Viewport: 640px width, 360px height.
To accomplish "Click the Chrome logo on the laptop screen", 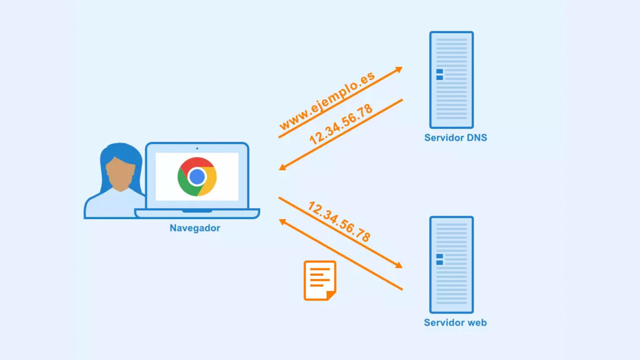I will pos(197,177).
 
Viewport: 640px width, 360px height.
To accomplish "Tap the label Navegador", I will pos(195,228).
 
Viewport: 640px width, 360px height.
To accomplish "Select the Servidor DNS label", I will pos(455,138).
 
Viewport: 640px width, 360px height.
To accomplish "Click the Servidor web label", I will pos(455,322).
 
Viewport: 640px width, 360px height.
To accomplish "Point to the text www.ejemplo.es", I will pos(327,101).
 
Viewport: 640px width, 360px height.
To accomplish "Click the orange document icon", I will pos(320,280).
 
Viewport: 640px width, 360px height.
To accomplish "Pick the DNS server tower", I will pos(451,80).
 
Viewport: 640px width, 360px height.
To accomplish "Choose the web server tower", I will pos(451,264).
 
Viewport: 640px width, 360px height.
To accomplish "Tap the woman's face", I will pos(120,171).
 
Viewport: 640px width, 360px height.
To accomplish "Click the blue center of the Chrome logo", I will pos(197,177).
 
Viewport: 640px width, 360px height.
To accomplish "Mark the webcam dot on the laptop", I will pos(197,149).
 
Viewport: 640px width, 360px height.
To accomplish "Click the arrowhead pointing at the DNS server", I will pos(399,70).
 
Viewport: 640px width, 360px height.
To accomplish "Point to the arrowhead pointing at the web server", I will pos(399,265).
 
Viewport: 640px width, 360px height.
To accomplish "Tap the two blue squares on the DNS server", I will pos(439,75).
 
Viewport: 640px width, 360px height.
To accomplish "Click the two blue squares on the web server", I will pos(439,259).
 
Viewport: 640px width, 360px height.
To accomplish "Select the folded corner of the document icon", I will pos(331,295).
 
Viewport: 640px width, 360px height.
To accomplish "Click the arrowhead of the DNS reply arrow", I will pos(283,166).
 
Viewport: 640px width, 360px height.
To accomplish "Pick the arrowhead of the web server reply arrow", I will pos(283,222).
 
